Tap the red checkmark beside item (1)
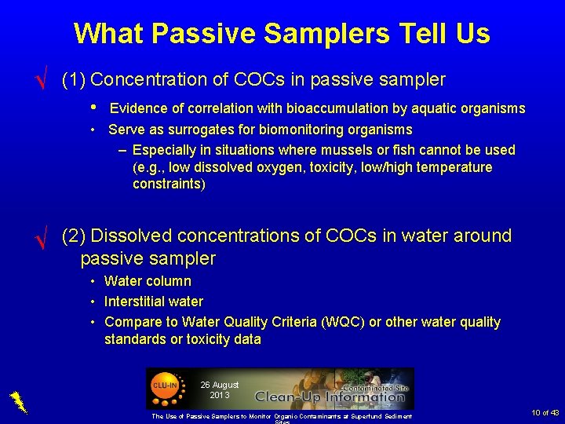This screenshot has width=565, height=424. (44, 82)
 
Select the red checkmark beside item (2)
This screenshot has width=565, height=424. (44, 236)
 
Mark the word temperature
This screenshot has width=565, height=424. (455, 167)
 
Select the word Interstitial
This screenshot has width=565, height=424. (137, 302)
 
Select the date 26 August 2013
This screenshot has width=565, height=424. (219, 389)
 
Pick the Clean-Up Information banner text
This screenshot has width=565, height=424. (330, 397)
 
